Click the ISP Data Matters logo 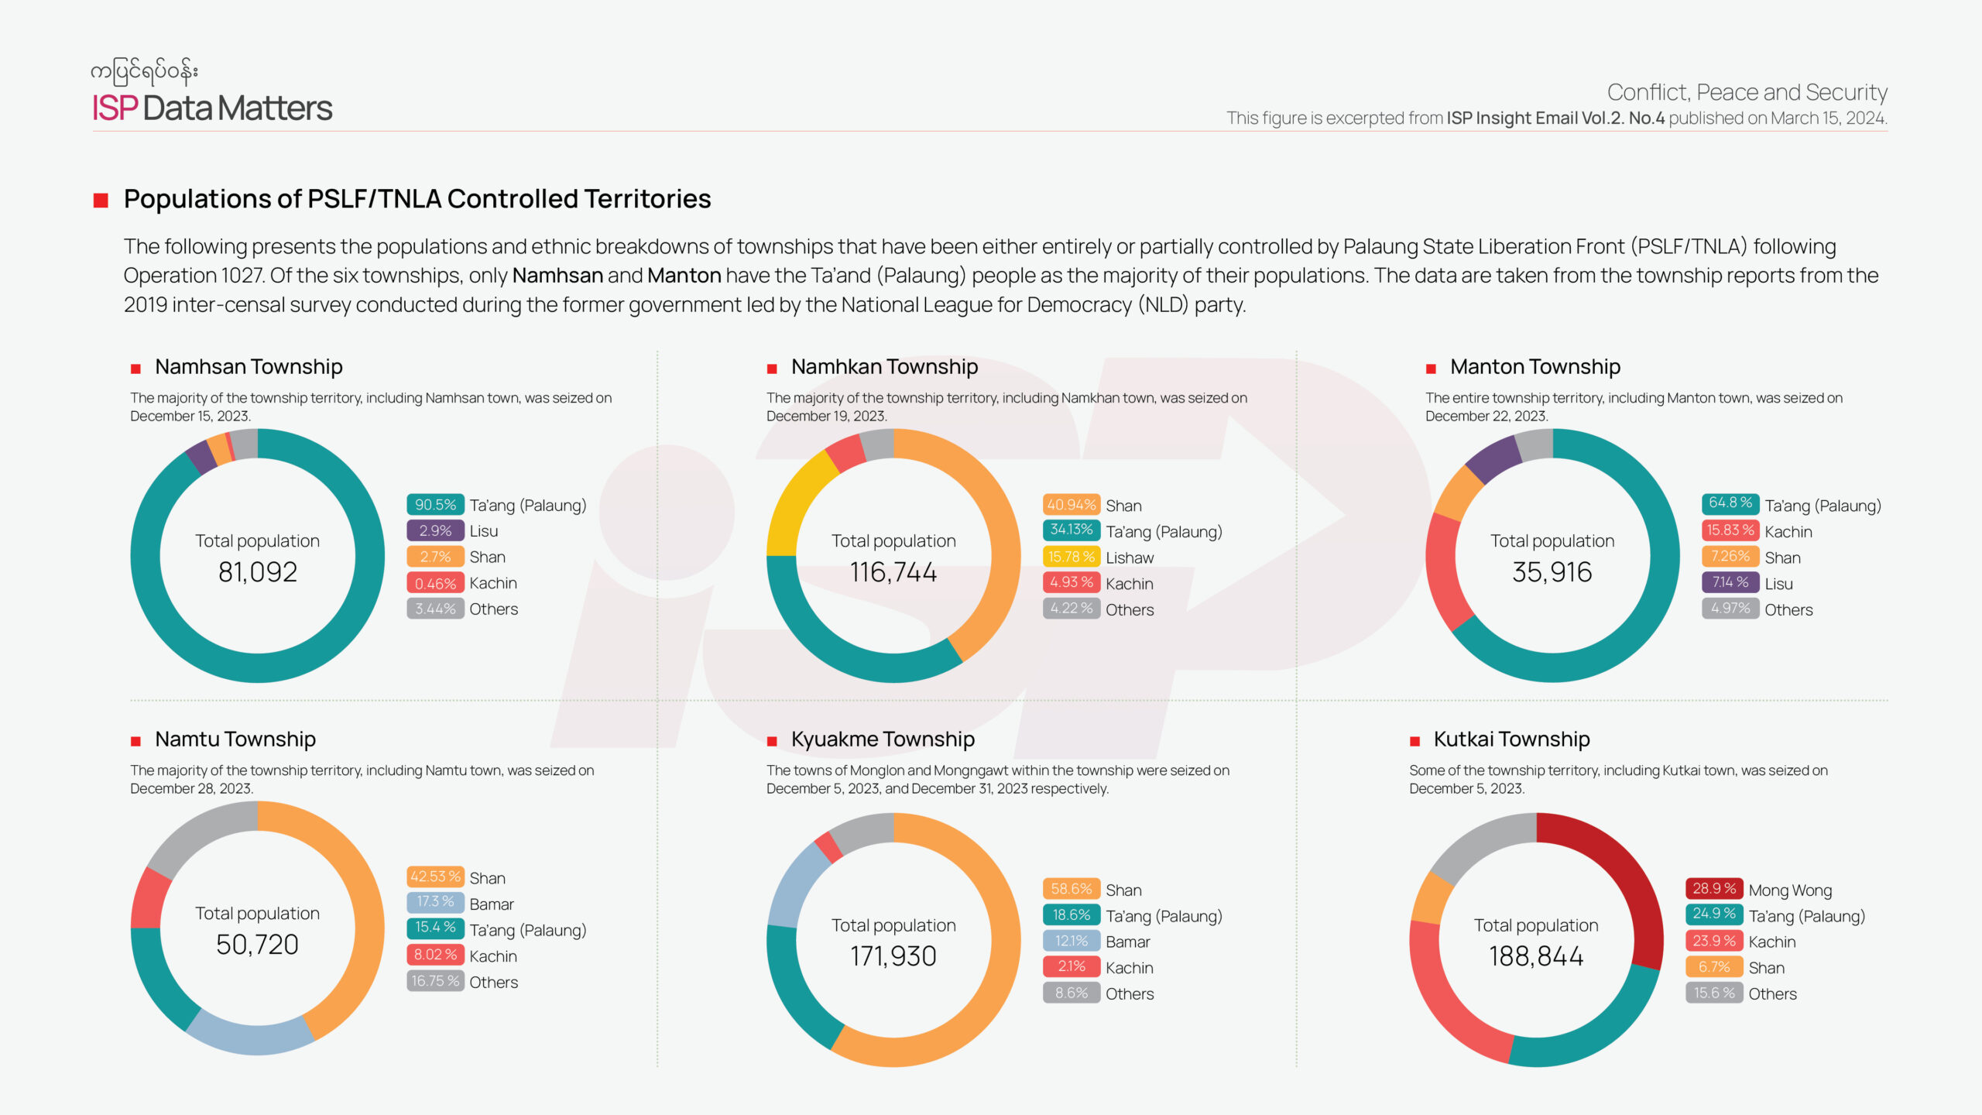212,108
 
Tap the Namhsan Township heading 249,367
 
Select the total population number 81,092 258,572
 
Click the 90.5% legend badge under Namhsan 435,505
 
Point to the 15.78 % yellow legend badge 1071,557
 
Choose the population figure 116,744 893,572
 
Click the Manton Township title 1535,367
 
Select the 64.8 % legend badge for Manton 1730,503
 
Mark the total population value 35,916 1552,572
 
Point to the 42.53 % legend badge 435,877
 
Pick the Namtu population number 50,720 258,945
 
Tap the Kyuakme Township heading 883,739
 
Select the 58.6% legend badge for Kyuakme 1071,889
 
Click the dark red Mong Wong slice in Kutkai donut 1618,867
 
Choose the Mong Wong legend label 1790,890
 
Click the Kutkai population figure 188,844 1536,957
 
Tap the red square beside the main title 101,201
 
